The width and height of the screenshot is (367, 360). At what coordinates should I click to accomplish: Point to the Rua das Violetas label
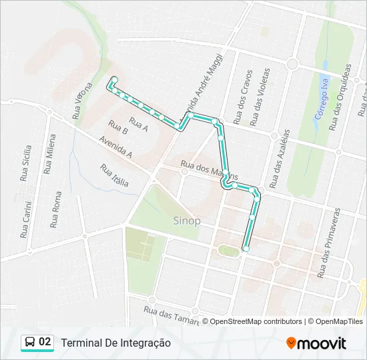coord(260,96)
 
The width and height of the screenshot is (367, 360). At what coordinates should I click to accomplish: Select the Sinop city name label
coord(187,221)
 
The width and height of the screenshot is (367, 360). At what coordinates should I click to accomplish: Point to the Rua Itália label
coord(115,175)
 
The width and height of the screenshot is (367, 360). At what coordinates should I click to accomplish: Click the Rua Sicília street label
coord(26,163)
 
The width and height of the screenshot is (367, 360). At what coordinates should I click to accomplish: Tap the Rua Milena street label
coord(49,154)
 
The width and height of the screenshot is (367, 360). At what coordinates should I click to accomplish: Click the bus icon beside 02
coord(30,343)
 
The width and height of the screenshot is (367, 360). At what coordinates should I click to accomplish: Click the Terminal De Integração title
coord(116,343)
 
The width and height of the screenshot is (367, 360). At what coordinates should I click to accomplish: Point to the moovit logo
coord(316,343)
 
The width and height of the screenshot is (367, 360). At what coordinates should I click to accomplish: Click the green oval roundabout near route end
coord(229,251)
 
